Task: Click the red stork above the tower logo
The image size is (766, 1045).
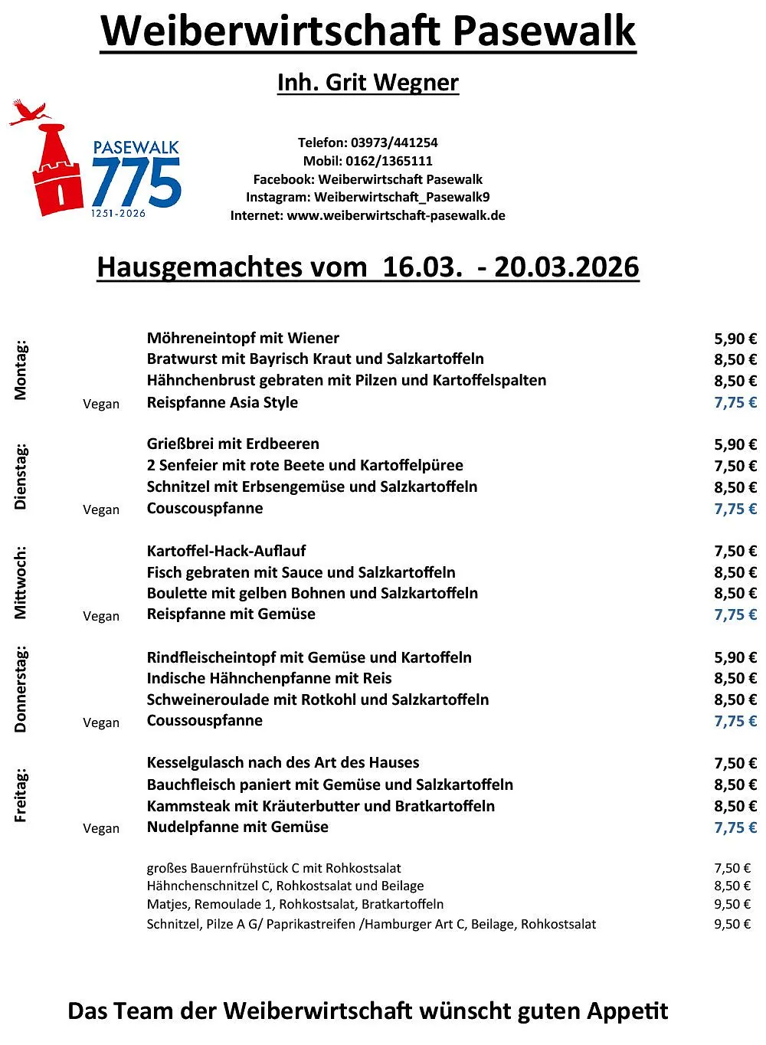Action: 29,113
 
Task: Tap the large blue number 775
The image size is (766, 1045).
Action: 136,182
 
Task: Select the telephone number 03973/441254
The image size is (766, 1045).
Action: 394,142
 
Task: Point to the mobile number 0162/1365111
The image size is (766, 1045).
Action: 389,161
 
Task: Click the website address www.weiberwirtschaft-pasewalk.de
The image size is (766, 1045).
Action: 396,216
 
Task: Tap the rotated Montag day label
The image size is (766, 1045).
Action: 21,370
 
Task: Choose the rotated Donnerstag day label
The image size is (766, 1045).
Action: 21,690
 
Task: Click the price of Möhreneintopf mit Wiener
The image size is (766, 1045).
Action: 735,339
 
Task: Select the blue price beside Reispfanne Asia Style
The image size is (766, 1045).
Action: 735,403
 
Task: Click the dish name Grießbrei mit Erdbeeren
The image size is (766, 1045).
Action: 233,444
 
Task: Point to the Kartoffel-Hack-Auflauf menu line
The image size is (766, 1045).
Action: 226,551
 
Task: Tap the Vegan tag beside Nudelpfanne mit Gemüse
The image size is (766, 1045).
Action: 101,828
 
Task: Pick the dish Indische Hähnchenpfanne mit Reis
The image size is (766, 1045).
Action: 269,679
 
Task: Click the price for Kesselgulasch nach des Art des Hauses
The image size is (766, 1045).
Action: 735,764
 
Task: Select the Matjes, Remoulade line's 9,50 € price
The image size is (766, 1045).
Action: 732,905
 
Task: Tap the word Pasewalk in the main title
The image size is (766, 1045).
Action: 544,31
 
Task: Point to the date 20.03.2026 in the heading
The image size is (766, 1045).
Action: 566,267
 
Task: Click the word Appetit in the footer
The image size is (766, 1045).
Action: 627,1011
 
